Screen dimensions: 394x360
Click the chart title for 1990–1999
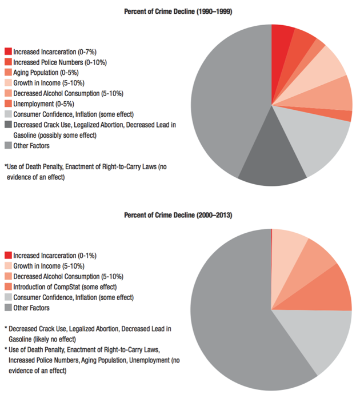tap(181, 11)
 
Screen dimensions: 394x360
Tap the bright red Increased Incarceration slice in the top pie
tap(281, 43)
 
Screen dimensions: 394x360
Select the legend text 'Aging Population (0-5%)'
tap(46, 72)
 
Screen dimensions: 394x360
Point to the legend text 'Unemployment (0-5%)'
tap(43, 104)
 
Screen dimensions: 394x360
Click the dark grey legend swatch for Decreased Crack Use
tap(8, 125)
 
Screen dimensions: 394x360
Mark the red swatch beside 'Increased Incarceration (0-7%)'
tap(8, 51)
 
